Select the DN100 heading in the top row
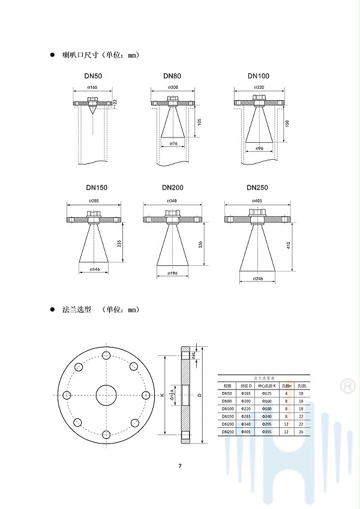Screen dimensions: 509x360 [x=259, y=76]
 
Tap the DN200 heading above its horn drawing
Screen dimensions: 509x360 [x=173, y=188]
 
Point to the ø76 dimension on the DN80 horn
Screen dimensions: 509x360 [x=173, y=144]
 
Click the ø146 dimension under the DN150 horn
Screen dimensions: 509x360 [x=94, y=270]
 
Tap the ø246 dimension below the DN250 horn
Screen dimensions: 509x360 [x=259, y=279]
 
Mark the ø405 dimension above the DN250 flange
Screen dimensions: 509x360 [x=259, y=201]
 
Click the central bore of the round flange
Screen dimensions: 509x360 [x=106, y=395]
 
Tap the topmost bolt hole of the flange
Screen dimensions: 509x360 [x=106, y=356]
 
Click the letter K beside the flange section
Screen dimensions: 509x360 [x=162, y=395]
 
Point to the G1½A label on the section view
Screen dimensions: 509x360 [x=172, y=395]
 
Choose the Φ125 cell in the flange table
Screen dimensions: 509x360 [x=266, y=393]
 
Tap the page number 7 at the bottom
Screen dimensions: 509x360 [x=179, y=466]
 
